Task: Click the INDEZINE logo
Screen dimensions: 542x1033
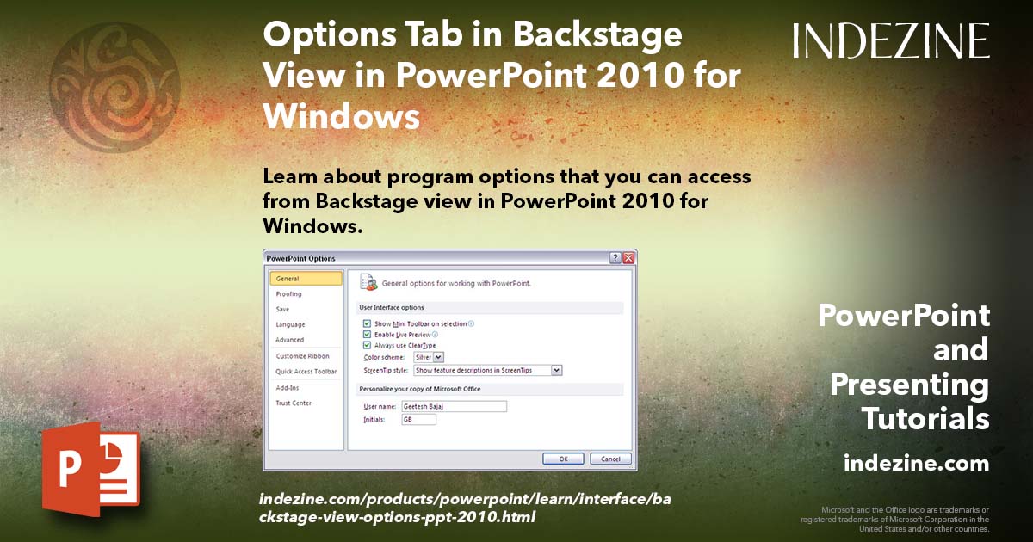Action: click(x=891, y=40)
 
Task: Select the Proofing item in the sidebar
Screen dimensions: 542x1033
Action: click(x=289, y=294)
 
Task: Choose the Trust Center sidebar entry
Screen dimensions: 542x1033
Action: click(x=294, y=403)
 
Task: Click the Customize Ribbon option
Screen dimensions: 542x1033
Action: click(x=302, y=356)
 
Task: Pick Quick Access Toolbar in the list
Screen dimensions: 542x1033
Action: click(x=306, y=372)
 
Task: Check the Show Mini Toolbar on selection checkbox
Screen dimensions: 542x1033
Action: click(x=367, y=323)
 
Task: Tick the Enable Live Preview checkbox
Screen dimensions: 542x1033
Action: click(x=367, y=334)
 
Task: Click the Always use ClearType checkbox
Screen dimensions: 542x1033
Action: click(x=367, y=345)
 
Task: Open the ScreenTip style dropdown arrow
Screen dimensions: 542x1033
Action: click(x=556, y=370)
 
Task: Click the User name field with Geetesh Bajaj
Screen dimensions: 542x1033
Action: click(x=460, y=406)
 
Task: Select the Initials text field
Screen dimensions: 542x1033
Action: click(x=418, y=419)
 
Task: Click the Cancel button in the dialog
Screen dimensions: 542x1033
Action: click(x=610, y=459)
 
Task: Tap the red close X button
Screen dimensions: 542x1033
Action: click(x=629, y=258)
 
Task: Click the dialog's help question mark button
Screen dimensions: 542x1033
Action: click(x=615, y=258)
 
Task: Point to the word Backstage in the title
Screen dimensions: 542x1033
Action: click(x=599, y=36)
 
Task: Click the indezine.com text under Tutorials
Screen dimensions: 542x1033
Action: click(x=916, y=464)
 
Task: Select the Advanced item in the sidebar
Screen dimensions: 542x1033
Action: click(x=290, y=340)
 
